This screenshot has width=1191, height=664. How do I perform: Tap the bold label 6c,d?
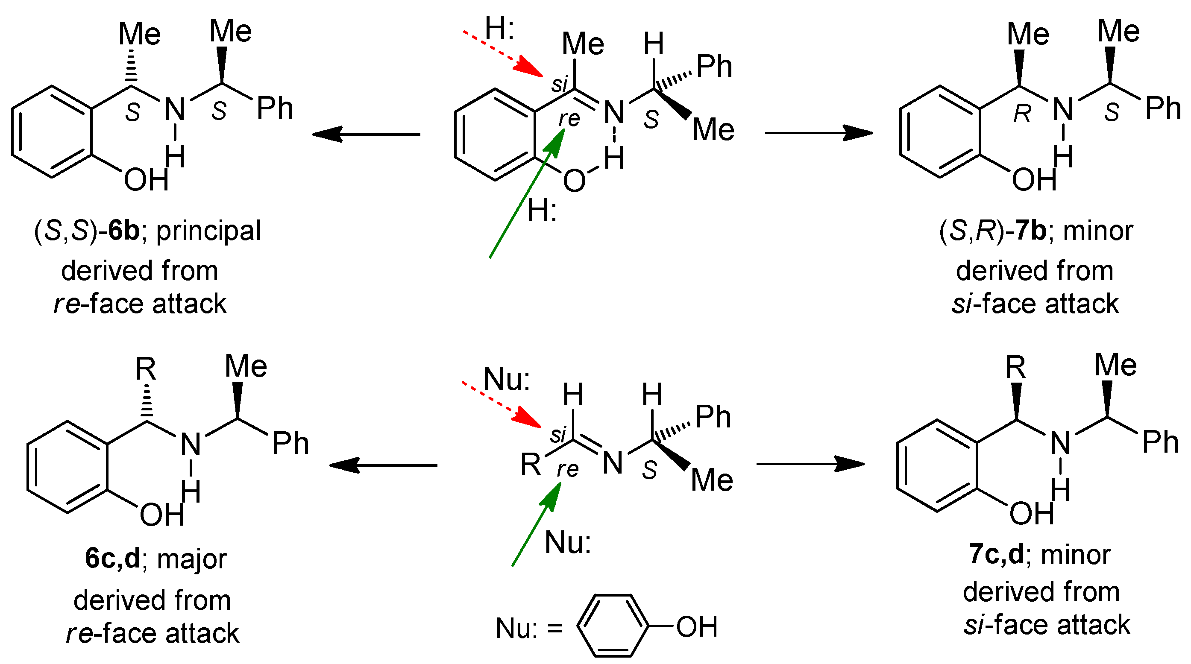click(112, 558)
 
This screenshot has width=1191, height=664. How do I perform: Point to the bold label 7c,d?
click(996, 555)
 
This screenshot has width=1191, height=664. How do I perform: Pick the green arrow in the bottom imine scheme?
click(536, 524)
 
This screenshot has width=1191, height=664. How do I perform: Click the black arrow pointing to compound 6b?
click(366, 135)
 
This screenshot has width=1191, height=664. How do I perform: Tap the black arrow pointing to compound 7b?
click(819, 133)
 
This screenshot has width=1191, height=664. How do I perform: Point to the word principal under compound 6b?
click(208, 231)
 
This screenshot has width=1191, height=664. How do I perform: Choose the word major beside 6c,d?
click(192, 559)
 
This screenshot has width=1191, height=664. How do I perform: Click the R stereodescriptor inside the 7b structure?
click(1023, 114)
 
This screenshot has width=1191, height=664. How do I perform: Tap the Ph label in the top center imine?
click(714, 67)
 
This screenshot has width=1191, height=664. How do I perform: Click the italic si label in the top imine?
click(560, 85)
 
